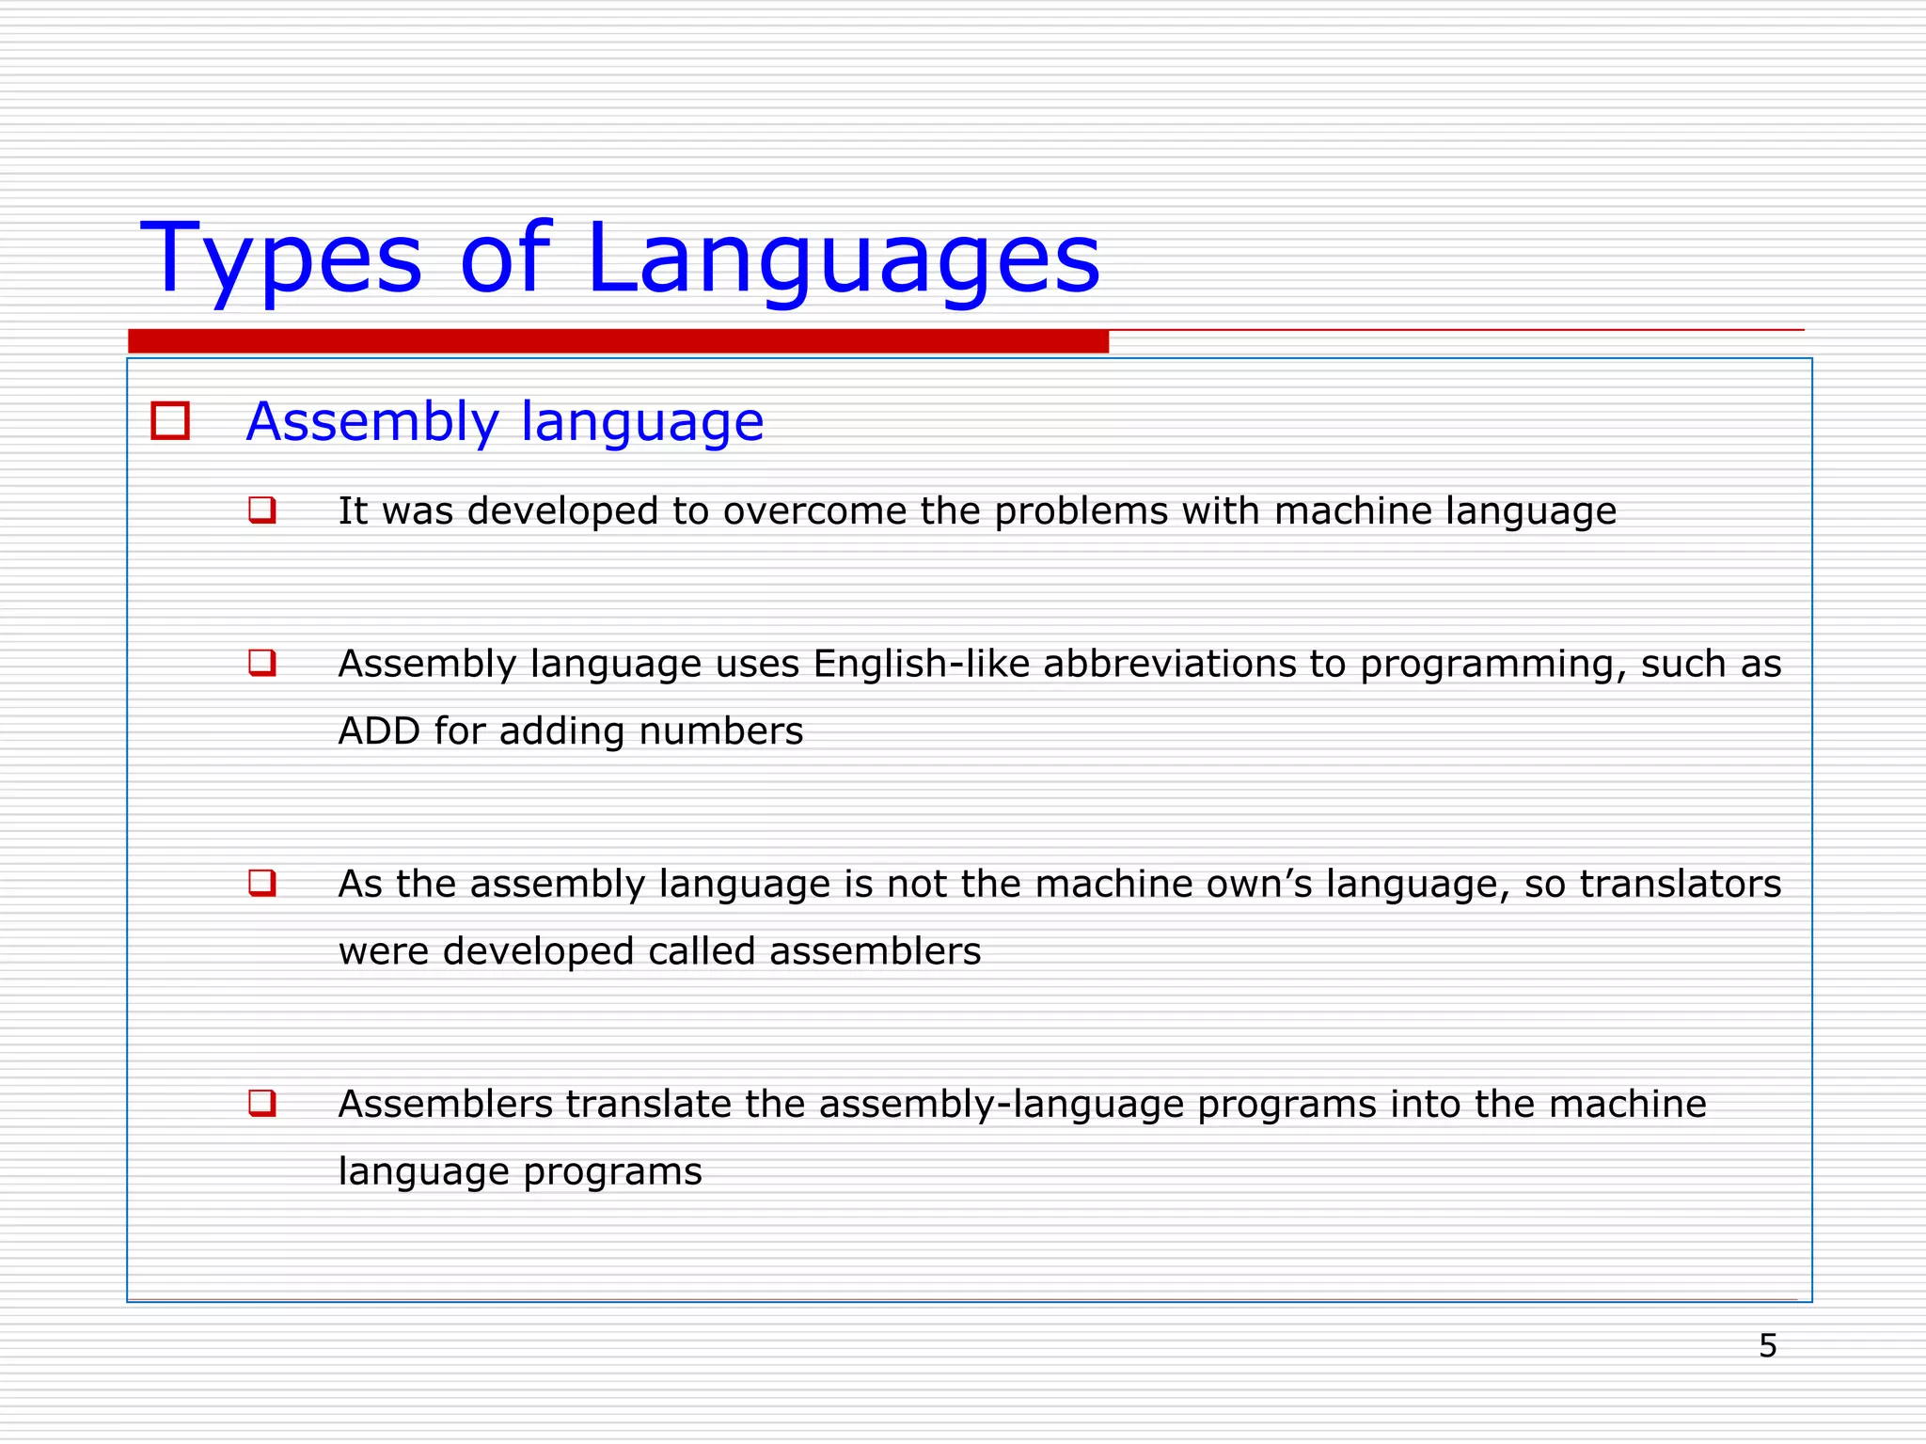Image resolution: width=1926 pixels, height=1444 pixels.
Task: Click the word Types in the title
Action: (281, 259)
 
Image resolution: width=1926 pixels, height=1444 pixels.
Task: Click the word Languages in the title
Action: (842, 259)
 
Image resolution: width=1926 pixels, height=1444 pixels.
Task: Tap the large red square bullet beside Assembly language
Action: (170, 421)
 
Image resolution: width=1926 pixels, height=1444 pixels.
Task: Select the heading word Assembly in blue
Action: (372, 422)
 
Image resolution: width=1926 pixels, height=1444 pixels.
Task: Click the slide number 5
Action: (1767, 1346)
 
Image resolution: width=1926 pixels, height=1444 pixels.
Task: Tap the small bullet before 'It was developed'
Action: (261, 510)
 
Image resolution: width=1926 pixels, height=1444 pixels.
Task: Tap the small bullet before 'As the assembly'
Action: (261, 883)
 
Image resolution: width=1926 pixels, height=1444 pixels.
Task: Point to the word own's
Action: (1258, 885)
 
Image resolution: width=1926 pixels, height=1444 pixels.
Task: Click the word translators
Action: (1680, 885)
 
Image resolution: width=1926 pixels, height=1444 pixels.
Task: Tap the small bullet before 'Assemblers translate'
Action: (261, 1102)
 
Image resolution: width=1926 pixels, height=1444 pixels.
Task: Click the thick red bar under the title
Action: (618, 341)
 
